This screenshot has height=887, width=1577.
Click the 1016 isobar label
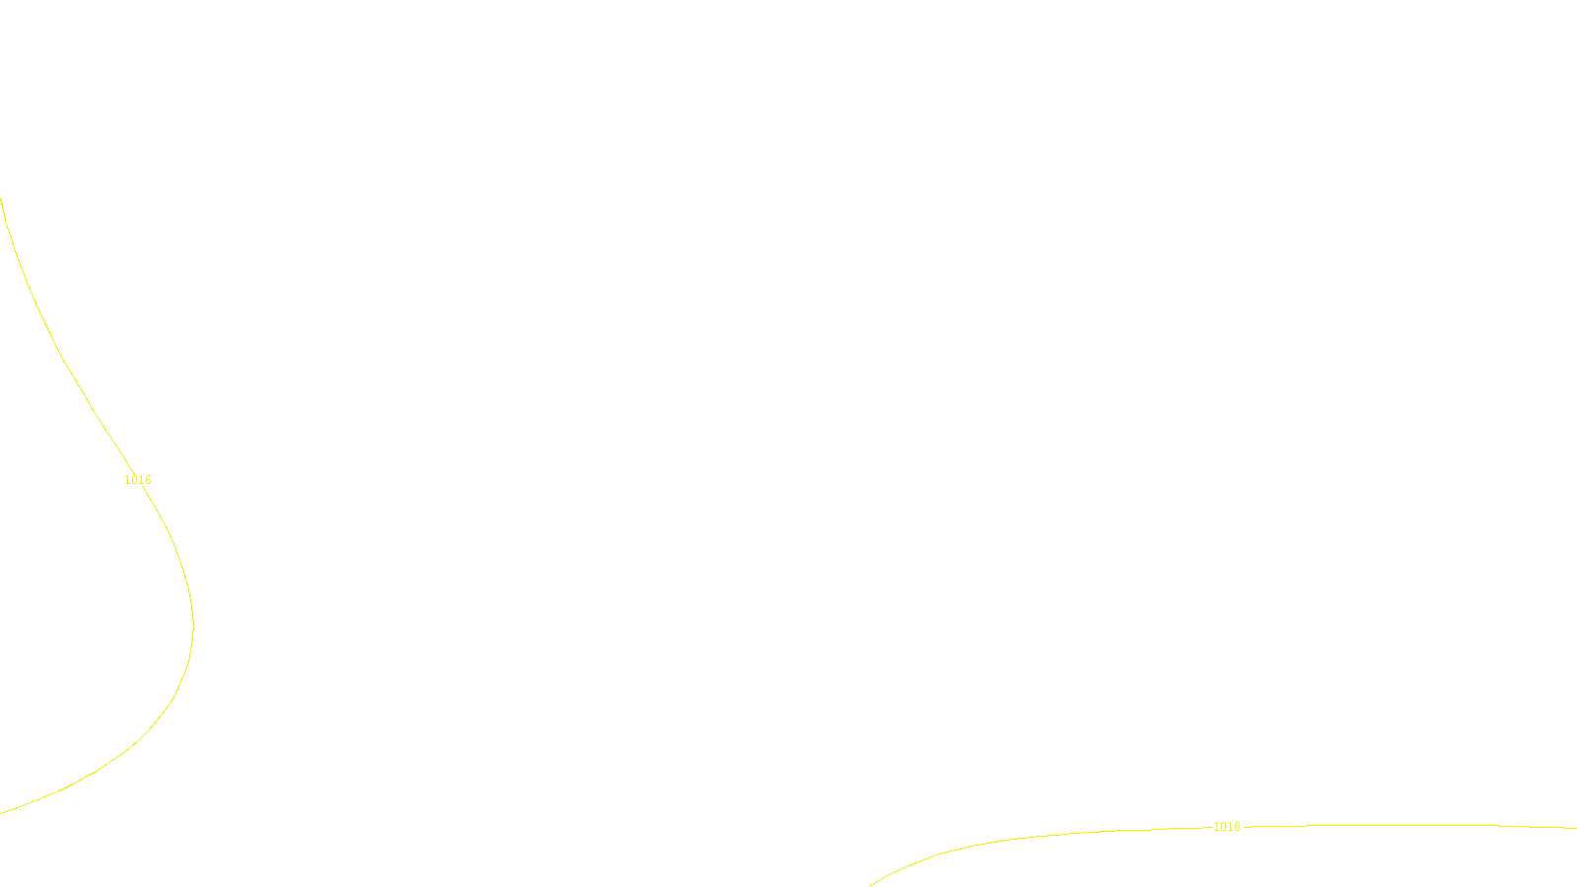click(x=138, y=480)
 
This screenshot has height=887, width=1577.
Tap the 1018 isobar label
click(x=1226, y=827)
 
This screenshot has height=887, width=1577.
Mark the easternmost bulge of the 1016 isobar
click(x=193, y=624)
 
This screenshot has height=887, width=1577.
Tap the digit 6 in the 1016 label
click(x=148, y=480)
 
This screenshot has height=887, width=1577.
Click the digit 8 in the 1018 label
click(x=1237, y=827)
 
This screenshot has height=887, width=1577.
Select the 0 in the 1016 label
click(x=134, y=480)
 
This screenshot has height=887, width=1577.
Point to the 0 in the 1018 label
click(x=1223, y=827)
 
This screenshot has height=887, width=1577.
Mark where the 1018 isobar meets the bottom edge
click(x=870, y=885)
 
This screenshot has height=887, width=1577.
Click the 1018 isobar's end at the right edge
click(x=1574, y=828)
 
